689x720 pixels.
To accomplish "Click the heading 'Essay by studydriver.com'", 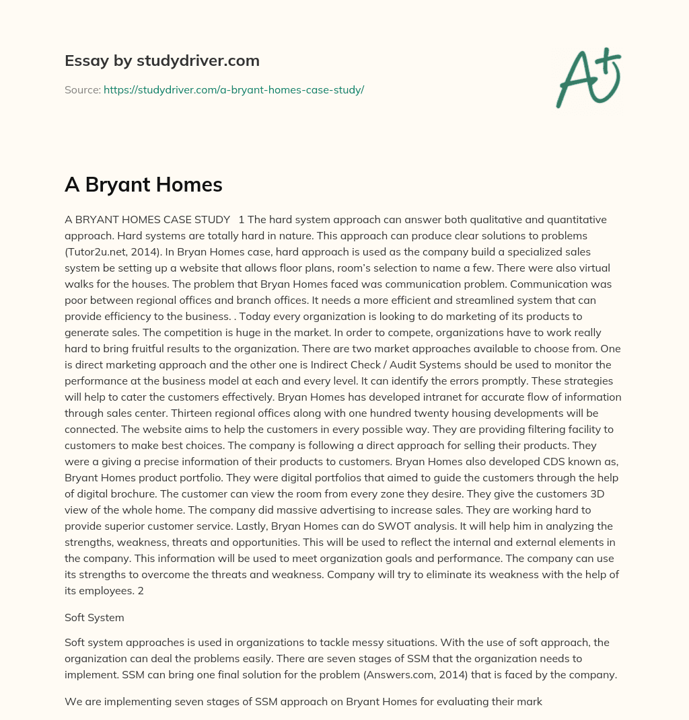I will tap(162, 61).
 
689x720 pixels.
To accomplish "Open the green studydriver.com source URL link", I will tap(233, 89).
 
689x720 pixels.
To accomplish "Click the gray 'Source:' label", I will tap(82, 89).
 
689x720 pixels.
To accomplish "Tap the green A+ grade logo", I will tap(588, 77).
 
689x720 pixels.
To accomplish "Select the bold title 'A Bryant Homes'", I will tap(143, 184).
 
